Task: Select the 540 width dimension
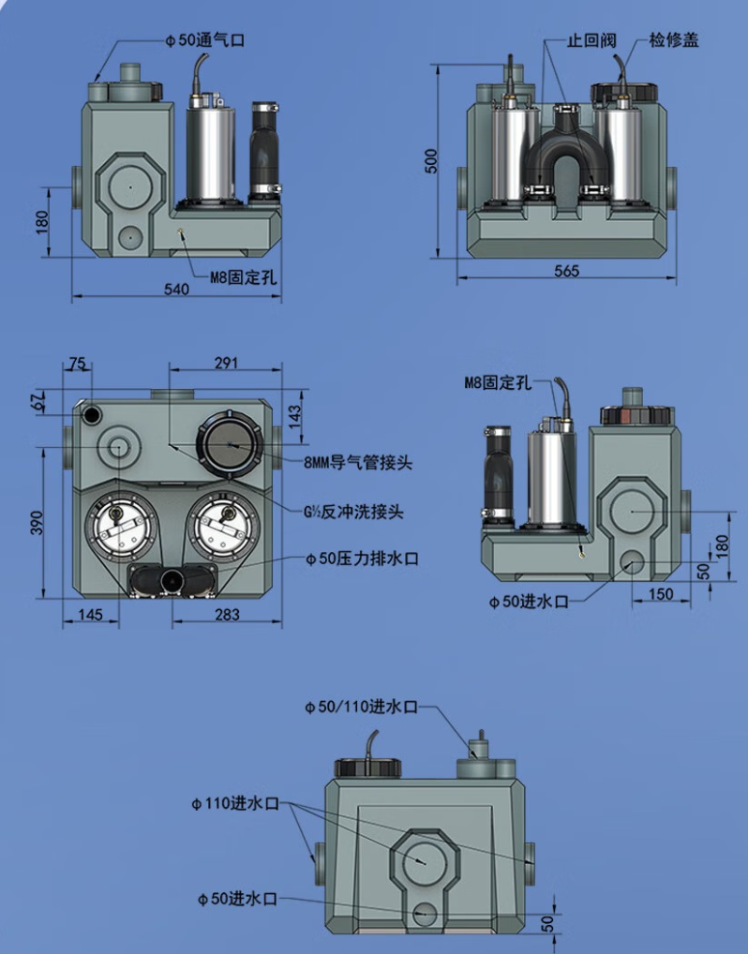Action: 176,290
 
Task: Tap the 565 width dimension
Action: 567,271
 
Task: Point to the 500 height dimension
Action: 431,160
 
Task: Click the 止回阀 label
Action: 588,41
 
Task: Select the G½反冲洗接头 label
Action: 353,513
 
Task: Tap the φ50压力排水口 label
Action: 361,559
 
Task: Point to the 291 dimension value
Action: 226,363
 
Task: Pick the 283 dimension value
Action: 227,615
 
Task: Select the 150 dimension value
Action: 662,594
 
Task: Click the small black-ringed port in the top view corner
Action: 93,413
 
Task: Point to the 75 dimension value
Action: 77,364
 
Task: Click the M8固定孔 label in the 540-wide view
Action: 243,277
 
